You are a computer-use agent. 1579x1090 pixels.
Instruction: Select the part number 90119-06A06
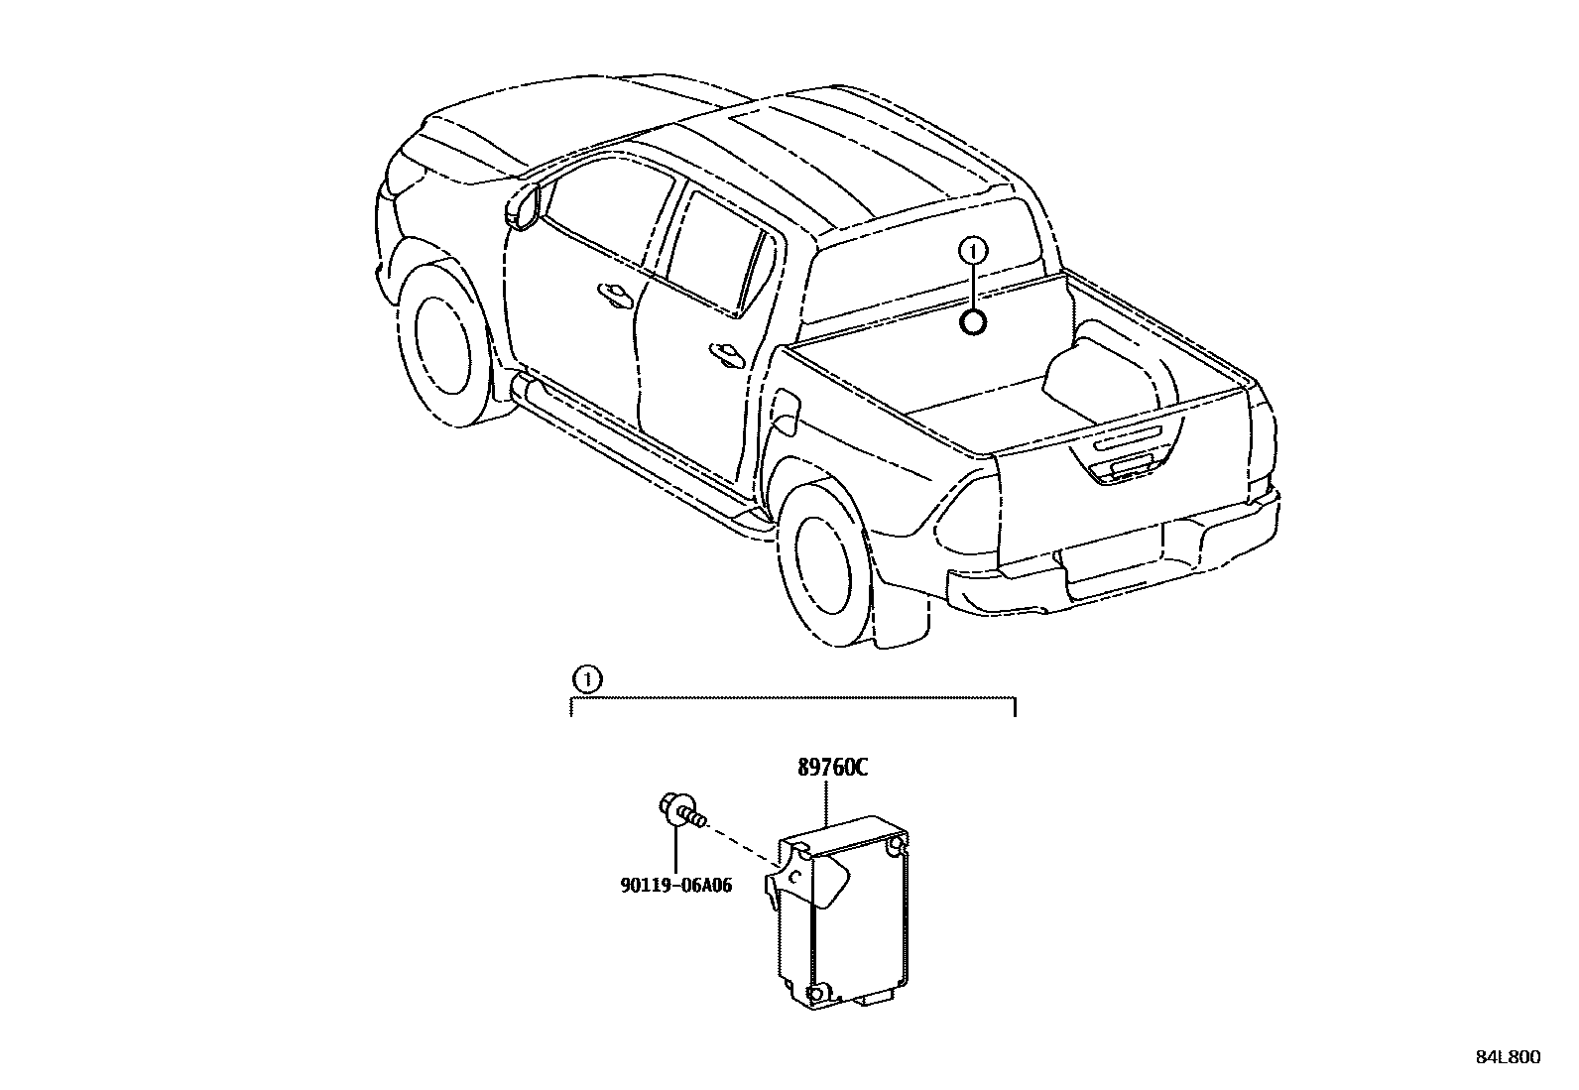click(x=676, y=885)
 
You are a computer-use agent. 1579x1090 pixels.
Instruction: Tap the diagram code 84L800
click(x=1508, y=1057)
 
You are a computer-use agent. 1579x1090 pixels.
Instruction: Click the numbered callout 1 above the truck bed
click(x=974, y=249)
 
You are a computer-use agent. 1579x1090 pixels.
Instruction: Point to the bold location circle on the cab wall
click(x=974, y=320)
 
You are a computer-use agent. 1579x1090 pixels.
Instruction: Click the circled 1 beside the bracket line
click(x=587, y=680)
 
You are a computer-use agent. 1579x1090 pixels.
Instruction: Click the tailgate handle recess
click(x=1128, y=466)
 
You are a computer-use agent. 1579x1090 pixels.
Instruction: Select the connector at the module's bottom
click(x=875, y=992)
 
